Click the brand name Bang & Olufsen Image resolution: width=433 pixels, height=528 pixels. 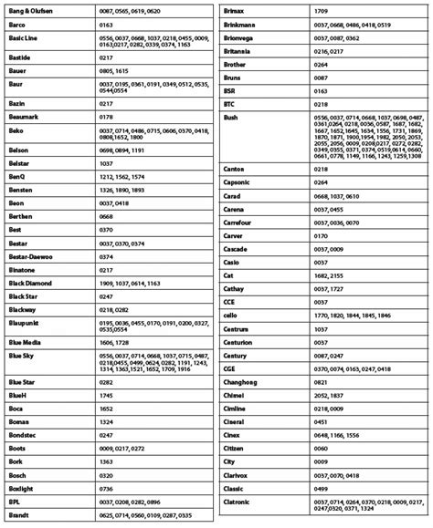(x=30, y=9)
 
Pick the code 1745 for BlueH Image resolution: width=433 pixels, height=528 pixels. (x=106, y=396)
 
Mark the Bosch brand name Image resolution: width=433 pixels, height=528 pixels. (x=19, y=475)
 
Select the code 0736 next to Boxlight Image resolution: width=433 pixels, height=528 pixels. (x=106, y=488)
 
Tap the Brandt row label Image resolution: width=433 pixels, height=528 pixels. (x=19, y=515)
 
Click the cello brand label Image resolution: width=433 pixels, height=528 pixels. (x=231, y=315)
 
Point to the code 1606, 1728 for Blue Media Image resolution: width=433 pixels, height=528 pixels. (x=114, y=340)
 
